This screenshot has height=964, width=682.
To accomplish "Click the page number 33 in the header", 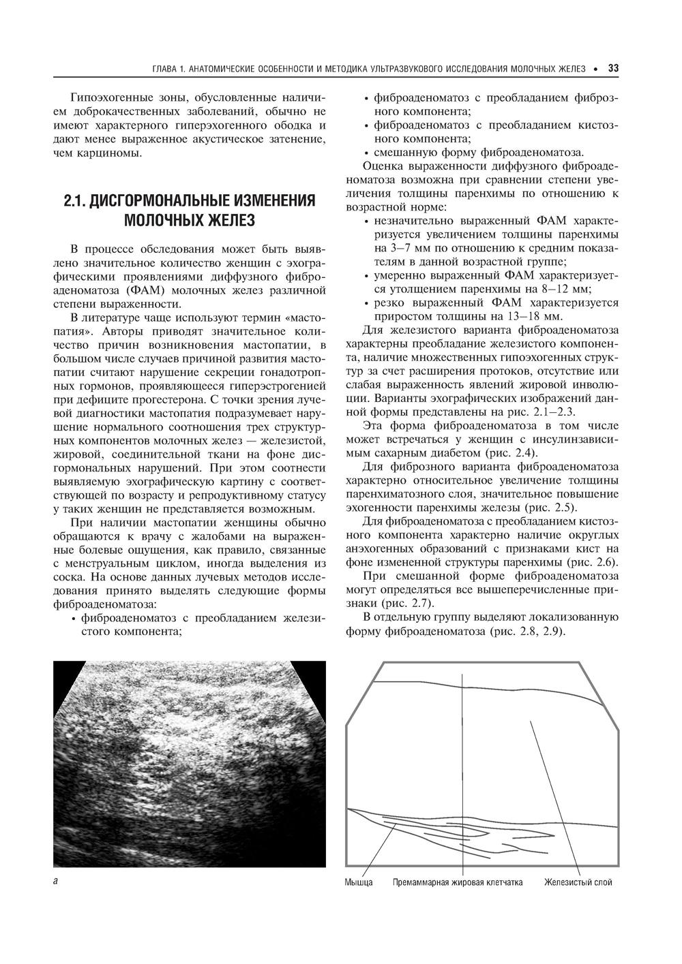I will point(612,69).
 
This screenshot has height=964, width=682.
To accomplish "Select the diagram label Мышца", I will point(358,882).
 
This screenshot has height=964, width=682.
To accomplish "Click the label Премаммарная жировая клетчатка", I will point(458,882).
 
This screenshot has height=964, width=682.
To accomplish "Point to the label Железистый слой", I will point(578,882).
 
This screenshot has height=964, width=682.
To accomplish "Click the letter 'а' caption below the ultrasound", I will point(55,881).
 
